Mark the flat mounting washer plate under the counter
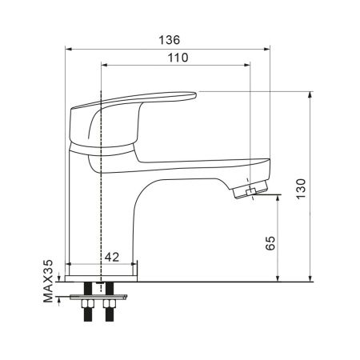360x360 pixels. [100, 296]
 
